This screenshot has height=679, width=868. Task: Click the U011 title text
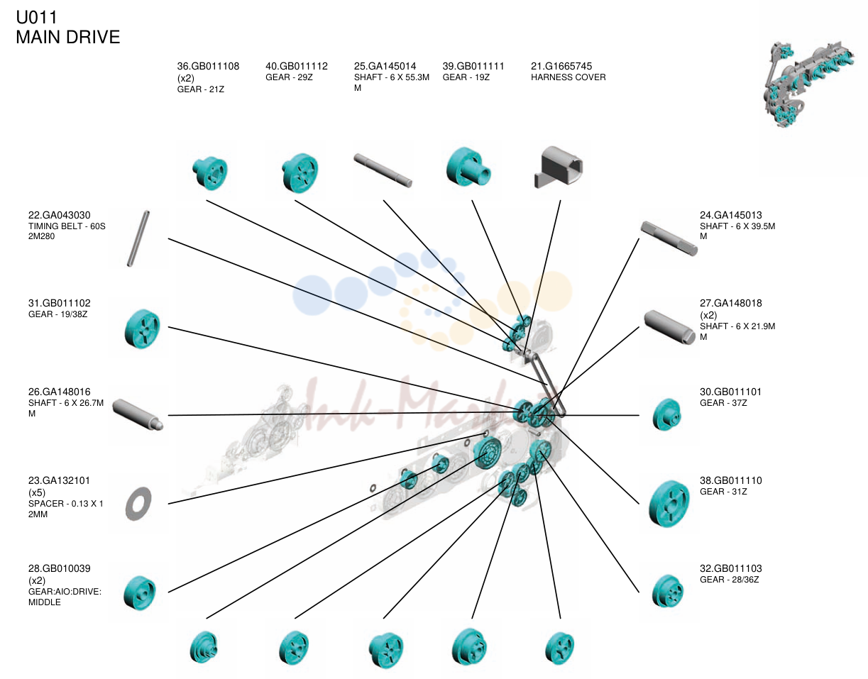point(36,18)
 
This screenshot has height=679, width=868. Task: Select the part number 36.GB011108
point(208,66)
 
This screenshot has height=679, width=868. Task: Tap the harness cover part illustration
point(559,167)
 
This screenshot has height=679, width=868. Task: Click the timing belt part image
point(138,238)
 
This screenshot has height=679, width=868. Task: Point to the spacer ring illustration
point(138,504)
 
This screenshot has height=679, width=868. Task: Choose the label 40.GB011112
point(297,66)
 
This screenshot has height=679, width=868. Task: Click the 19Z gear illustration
point(468,167)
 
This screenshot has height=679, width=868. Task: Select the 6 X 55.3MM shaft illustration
point(383,170)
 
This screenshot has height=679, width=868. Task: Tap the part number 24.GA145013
point(730,215)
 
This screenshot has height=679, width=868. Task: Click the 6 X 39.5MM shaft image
point(669,238)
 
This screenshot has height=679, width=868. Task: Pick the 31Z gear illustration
point(669,504)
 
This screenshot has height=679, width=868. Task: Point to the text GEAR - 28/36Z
point(729,580)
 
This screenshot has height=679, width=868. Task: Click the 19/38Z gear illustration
point(142,329)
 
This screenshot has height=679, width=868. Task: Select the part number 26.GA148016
point(59,392)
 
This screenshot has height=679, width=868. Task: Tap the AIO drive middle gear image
point(139,592)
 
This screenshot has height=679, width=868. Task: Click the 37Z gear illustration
point(666,415)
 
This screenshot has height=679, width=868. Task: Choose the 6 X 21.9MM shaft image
point(670,327)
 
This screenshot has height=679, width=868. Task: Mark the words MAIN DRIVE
point(68,37)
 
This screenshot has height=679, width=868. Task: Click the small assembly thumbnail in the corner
point(809,84)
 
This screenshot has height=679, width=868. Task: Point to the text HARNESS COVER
point(568,77)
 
